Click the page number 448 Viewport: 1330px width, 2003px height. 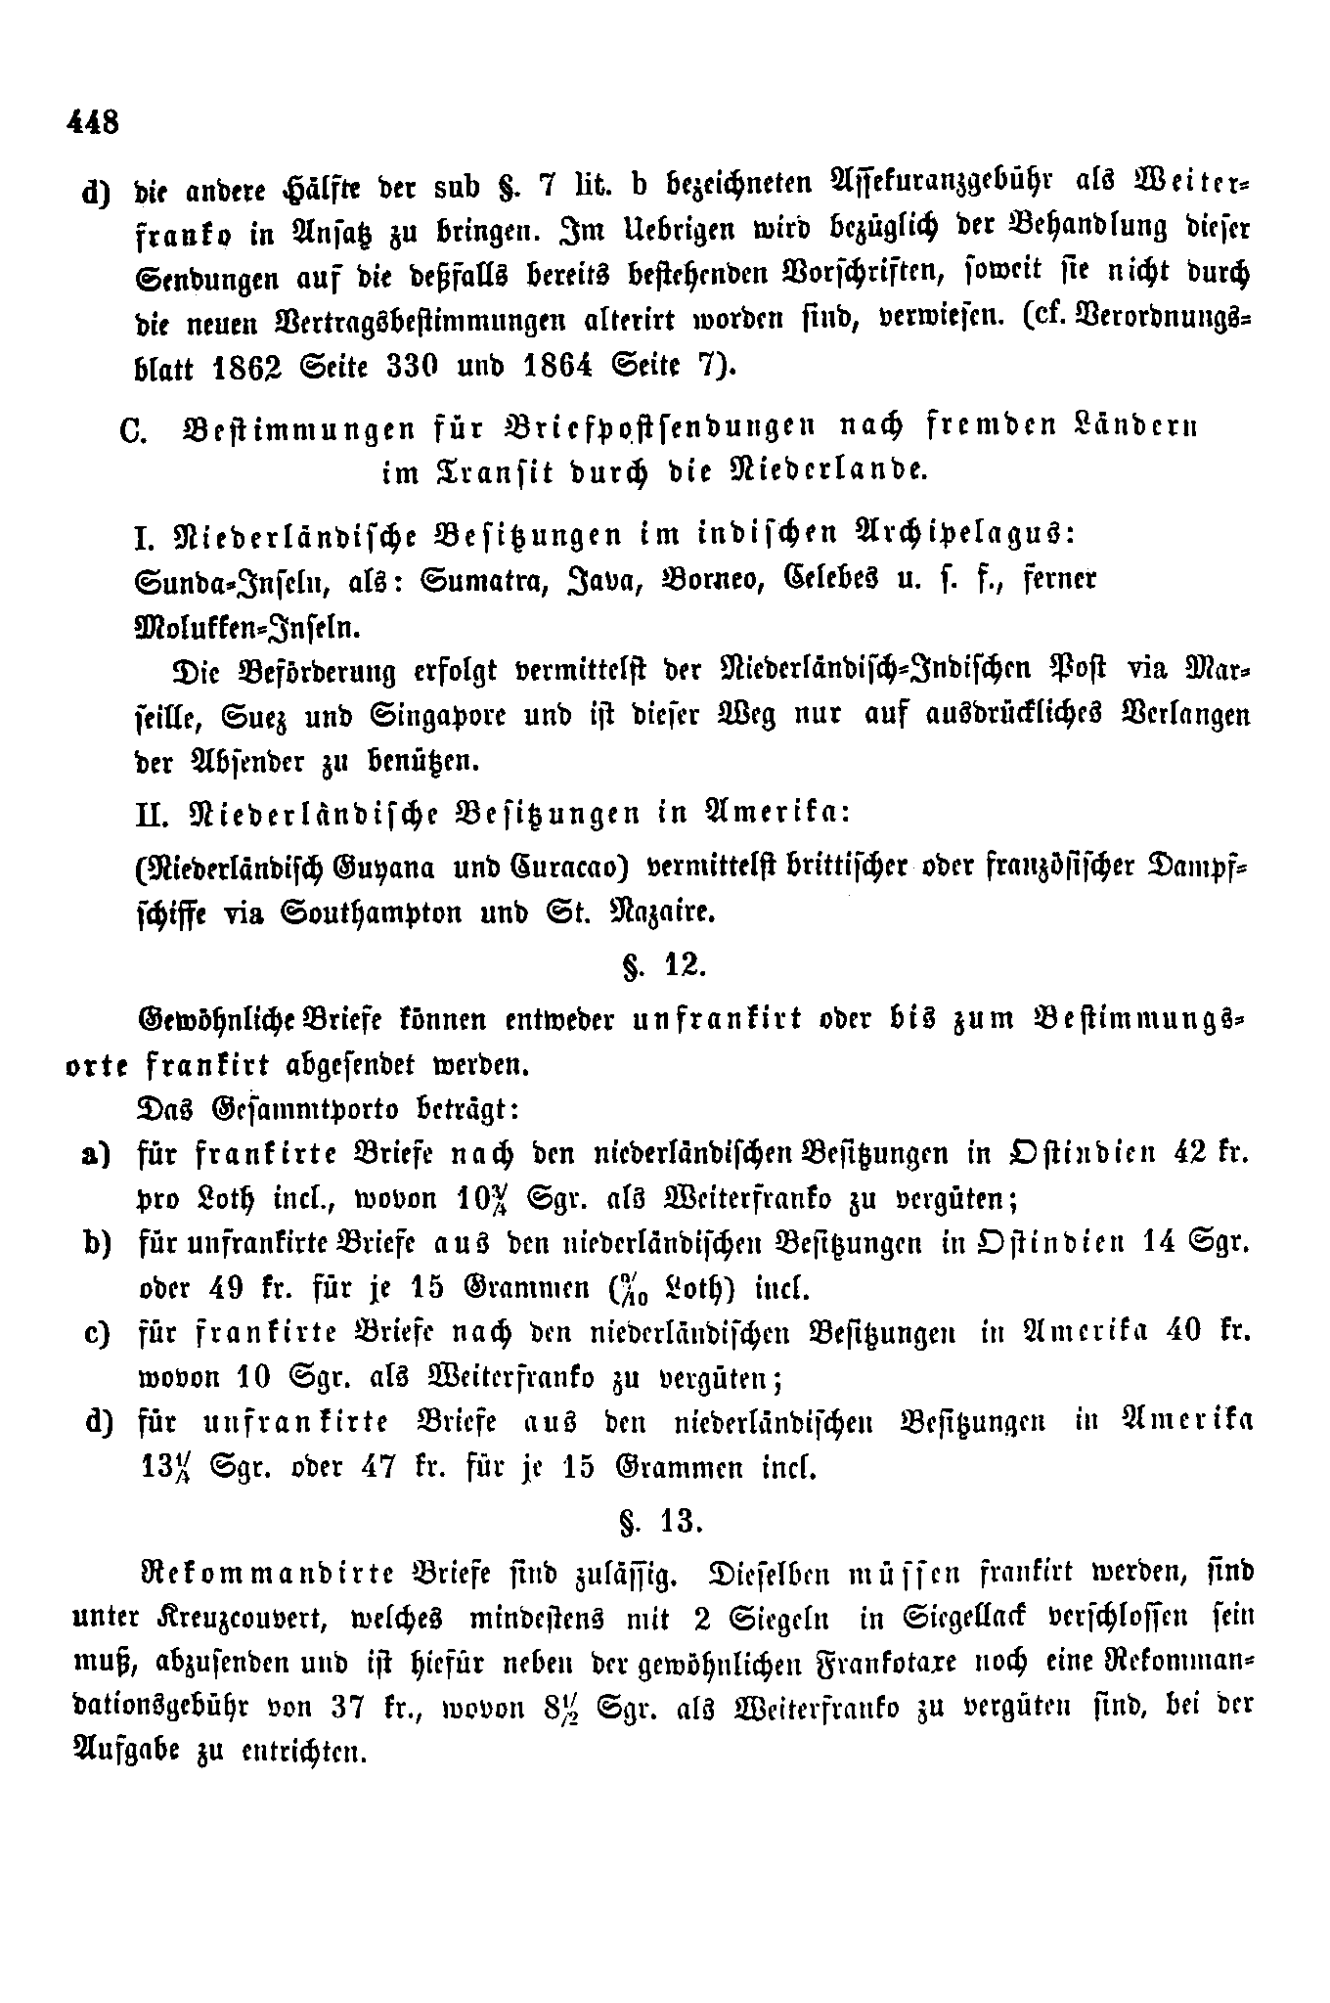click(93, 123)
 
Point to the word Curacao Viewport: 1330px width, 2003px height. click(563, 867)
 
